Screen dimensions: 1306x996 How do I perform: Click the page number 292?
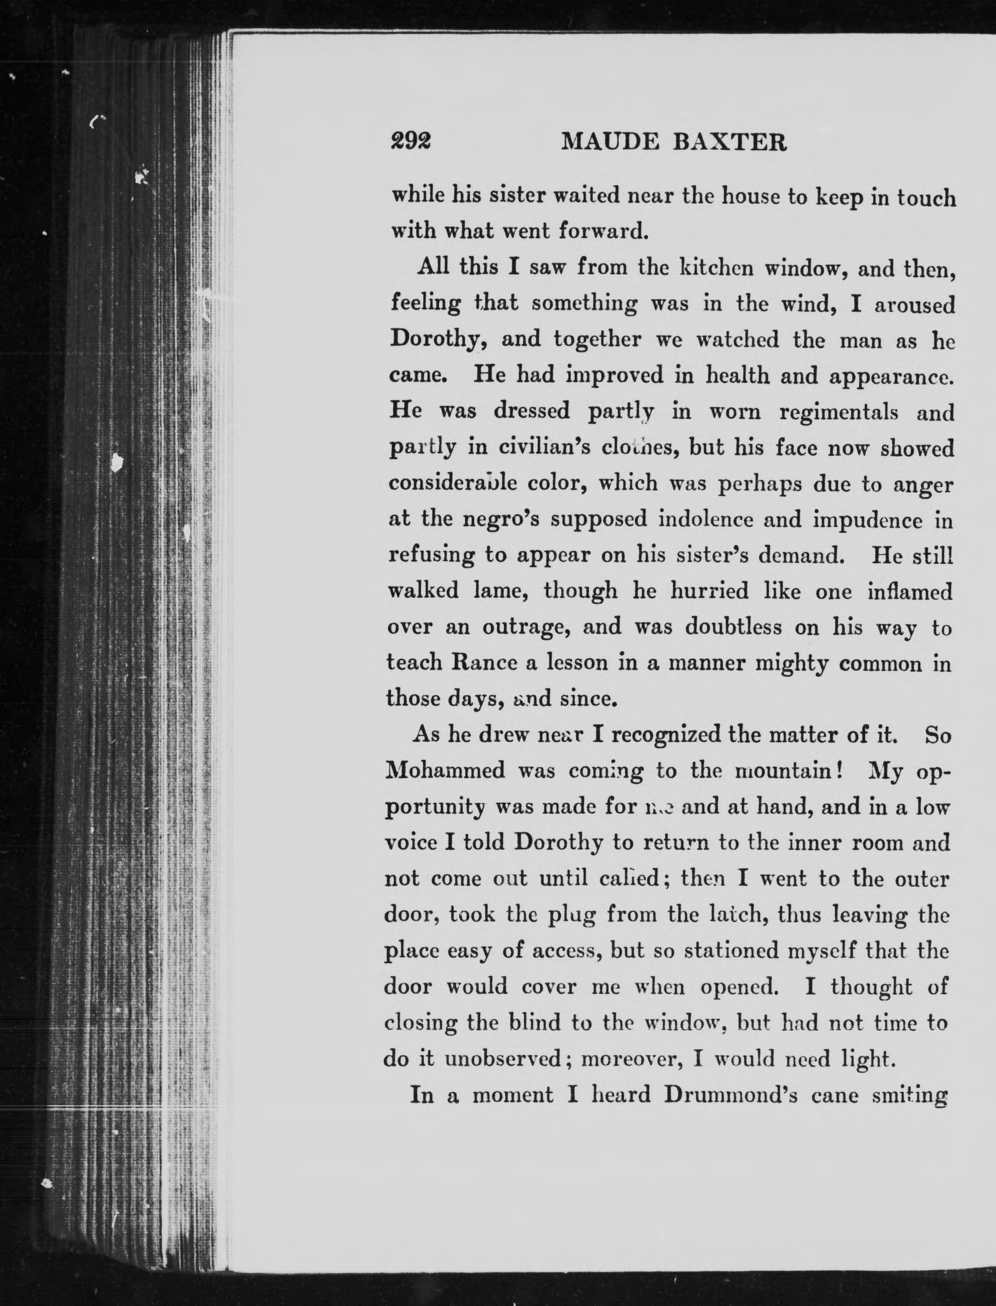(410, 142)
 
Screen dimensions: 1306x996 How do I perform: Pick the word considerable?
(453, 483)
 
